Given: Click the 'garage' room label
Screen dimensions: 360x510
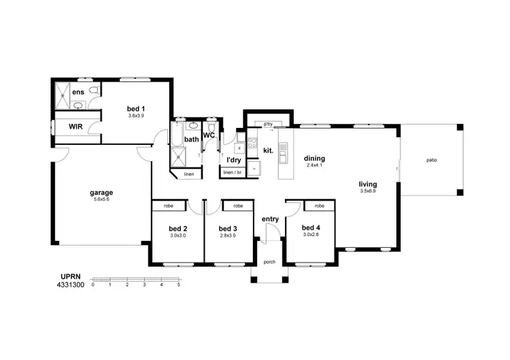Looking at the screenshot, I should [101, 192].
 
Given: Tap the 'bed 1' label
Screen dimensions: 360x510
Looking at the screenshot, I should [136, 108].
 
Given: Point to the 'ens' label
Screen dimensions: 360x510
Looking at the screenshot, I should [78, 91].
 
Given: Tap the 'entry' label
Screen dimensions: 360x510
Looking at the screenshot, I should [270, 218].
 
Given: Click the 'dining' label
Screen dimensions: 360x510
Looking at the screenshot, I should [314, 158].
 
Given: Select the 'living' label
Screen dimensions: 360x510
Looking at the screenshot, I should [368, 184].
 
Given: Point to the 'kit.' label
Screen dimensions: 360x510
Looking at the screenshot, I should [267, 150].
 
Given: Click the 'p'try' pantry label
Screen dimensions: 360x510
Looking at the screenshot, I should [268, 124].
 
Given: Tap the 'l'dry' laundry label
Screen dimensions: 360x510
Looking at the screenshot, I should [234, 159].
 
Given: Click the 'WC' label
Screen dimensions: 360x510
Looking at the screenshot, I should [209, 135].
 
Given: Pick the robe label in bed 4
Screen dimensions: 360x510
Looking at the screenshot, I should [319, 205].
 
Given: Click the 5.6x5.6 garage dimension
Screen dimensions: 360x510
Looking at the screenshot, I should [101, 199].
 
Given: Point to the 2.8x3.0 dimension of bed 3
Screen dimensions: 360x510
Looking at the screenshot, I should [228, 235].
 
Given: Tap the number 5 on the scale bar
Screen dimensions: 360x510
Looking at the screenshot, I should [178, 284].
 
